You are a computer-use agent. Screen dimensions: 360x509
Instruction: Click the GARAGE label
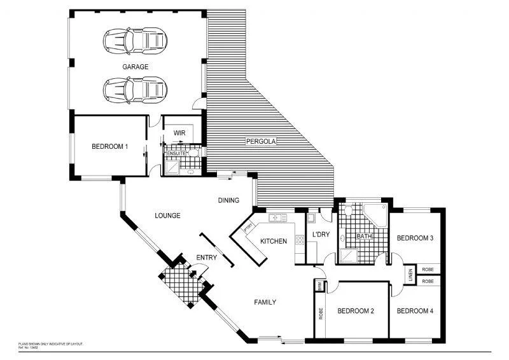(x=136, y=66)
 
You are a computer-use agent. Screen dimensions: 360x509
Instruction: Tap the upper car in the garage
(x=136, y=41)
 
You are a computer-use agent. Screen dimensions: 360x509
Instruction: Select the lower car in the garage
(x=136, y=90)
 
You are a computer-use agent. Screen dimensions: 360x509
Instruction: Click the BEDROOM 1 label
(x=110, y=147)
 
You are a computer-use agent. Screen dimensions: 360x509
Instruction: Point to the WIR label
(x=179, y=134)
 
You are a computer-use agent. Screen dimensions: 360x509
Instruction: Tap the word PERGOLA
(x=261, y=142)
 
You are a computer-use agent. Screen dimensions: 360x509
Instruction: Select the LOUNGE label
(x=168, y=216)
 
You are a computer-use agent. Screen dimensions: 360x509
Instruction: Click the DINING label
(x=228, y=200)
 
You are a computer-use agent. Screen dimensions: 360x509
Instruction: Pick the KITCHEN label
(x=274, y=242)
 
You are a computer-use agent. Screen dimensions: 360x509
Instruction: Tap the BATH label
(x=364, y=237)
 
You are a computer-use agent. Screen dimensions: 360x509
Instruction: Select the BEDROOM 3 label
(x=415, y=239)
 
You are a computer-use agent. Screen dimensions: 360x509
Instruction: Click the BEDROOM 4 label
(x=415, y=311)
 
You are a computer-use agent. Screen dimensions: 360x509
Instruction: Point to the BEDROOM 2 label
(x=355, y=311)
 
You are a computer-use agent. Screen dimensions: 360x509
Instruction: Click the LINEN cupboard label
(x=410, y=275)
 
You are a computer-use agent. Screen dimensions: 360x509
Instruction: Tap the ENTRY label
(x=207, y=258)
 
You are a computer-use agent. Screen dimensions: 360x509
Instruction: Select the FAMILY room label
(x=265, y=302)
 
